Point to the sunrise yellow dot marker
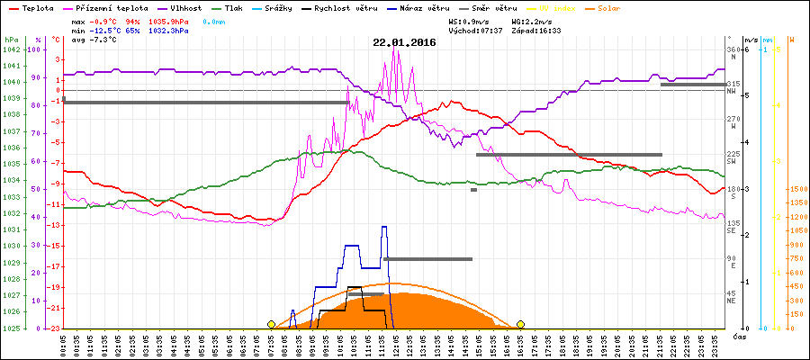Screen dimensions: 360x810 [x=271, y=324]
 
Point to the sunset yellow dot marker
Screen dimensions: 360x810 [x=520, y=324]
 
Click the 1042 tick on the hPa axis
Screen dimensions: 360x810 [x=10, y=49]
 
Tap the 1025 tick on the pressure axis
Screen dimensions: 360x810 [x=10, y=328]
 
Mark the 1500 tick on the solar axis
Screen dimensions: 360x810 [x=796, y=189]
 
